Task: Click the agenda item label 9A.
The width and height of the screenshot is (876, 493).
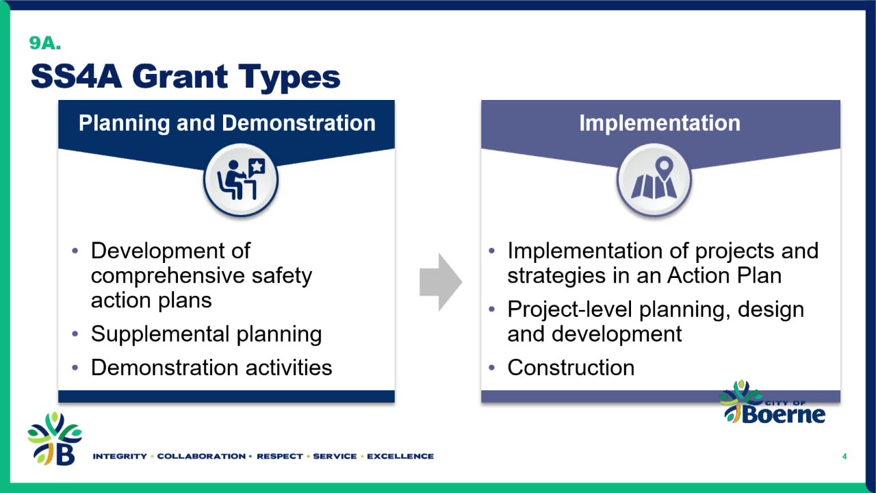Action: pos(45,43)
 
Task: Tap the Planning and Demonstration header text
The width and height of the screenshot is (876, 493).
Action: pos(227,123)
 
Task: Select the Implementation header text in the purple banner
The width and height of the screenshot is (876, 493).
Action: pos(660,123)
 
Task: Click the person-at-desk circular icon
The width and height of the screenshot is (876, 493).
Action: pos(241,180)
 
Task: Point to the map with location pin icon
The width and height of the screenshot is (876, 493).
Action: pos(654,180)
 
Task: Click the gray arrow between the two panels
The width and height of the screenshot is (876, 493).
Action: pos(441,281)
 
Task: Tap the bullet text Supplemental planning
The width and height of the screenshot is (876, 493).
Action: pos(207,334)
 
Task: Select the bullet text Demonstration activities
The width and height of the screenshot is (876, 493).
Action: pos(211,368)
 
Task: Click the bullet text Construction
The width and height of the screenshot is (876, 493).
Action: pos(571,368)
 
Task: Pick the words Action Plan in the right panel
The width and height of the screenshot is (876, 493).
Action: pos(724,275)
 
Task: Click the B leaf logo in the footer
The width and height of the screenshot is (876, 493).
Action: pos(55,439)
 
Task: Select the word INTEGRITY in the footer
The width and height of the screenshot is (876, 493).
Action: pos(120,456)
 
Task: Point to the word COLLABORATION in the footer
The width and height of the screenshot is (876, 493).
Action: pos(201,456)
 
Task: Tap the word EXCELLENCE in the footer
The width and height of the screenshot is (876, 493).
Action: pos(400,456)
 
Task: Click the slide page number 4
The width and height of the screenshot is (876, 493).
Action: pos(845,456)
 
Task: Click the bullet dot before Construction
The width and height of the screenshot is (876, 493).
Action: pos(492,368)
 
